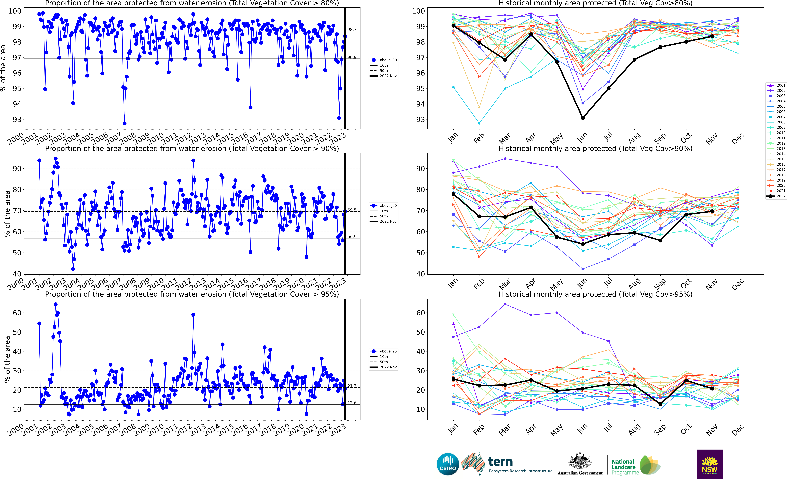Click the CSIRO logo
pos(448,464)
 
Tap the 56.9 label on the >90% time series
pos(352,237)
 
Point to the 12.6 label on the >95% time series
pos(352,403)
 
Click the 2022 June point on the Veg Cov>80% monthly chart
pos(583,118)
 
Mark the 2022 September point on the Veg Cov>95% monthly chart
pos(660,404)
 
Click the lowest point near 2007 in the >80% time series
pos(124,123)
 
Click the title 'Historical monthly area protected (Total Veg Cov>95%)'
pos(595,294)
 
